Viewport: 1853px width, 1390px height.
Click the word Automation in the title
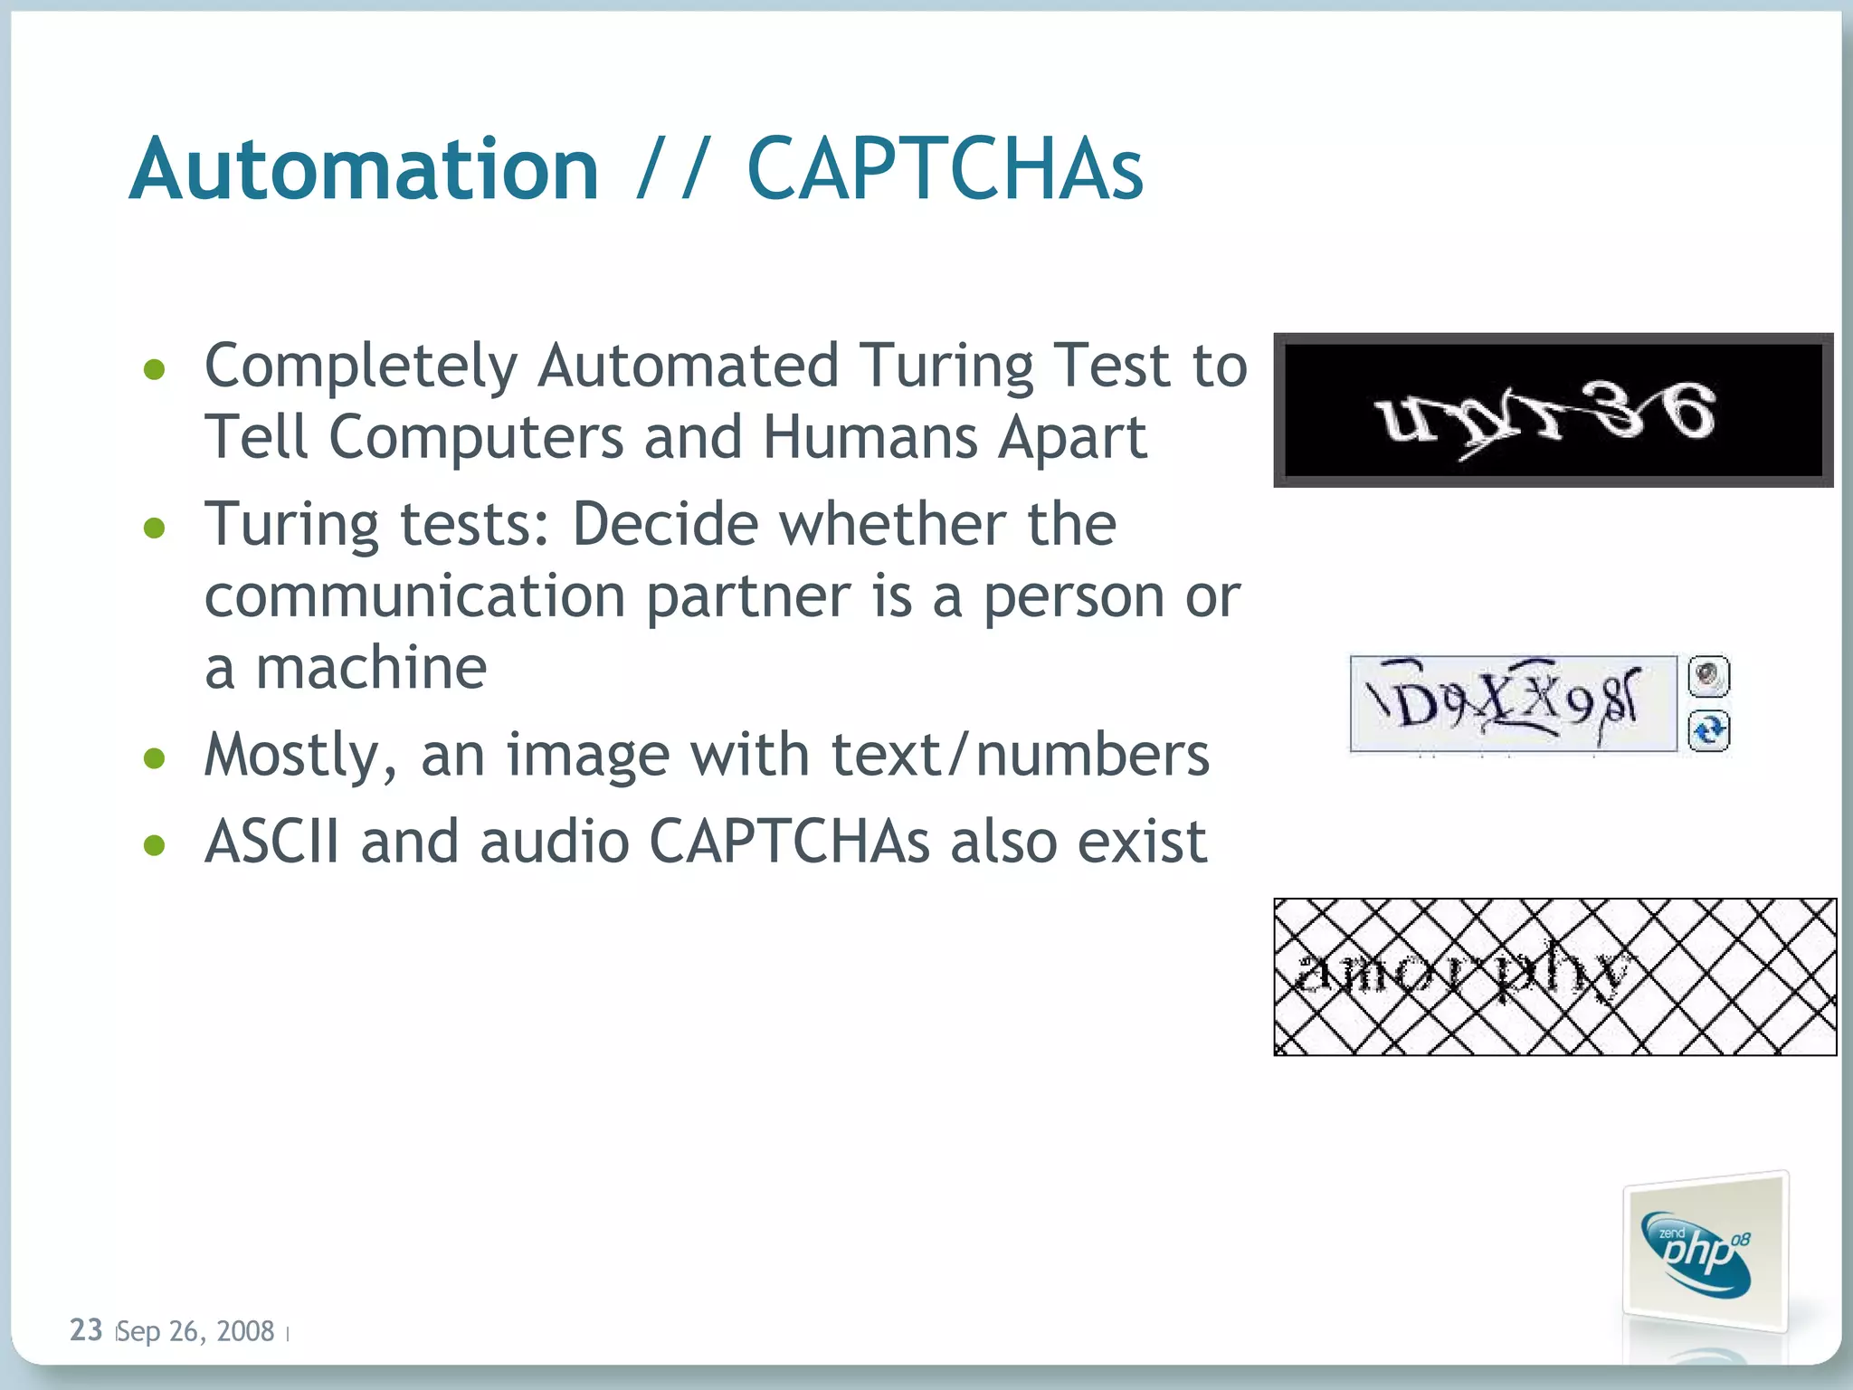pos(364,169)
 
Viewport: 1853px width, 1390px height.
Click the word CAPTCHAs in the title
pos(945,169)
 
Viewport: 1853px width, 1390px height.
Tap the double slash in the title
pos(671,169)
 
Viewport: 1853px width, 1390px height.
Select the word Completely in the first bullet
pos(361,367)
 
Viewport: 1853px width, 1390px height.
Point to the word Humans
pos(870,438)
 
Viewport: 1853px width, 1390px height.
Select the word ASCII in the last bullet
pos(272,843)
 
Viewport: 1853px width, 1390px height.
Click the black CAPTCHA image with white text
pos(1553,410)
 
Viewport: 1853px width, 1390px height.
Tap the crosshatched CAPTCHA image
pos(1554,976)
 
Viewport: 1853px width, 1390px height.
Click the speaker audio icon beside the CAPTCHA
pos(1708,675)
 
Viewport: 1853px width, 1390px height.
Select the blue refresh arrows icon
pos(1708,730)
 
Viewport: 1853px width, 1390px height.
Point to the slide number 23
pos(86,1330)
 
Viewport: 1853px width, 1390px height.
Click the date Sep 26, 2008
pos(195,1331)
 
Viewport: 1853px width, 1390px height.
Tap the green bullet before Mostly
pos(155,757)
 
